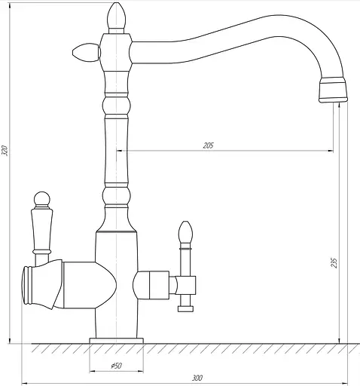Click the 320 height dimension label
5,151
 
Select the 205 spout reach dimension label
208,146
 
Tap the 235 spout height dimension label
334,263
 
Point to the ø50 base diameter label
117,366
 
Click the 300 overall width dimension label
197,378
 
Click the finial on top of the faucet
116,17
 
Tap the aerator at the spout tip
333,90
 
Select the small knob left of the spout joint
87,53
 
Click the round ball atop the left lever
42,199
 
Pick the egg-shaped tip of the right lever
185,231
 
